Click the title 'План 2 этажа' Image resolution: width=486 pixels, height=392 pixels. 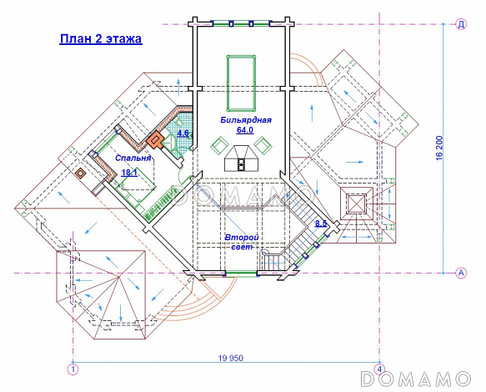pyautogui.click(x=101, y=39)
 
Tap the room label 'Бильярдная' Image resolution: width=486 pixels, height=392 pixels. pyautogui.click(x=246, y=120)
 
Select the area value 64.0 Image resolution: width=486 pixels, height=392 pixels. pyautogui.click(x=245, y=130)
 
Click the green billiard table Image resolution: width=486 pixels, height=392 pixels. pyautogui.click(x=242, y=83)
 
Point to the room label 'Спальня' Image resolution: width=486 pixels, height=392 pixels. pyautogui.click(x=133, y=158)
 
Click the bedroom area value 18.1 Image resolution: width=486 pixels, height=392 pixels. pyautogui.click(x=129, y=173)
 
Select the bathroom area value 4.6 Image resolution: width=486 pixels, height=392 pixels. pyautogui.click(x=183, y=133)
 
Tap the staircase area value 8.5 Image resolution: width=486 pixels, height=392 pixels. pyautogui.click(x=321, y=224)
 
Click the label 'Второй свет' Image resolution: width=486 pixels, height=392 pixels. pyautogui.click(x=242, y=242)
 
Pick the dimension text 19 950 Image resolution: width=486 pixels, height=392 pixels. pyautogui.click(x=231, y=358)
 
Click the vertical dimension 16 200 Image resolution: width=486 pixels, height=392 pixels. pyautogui.click(x=439, y=148)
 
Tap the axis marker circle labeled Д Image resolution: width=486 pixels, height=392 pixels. pyautogui.click(x=461, y=24)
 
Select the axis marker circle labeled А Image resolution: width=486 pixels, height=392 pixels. pyautogui.click(x=461, y=273)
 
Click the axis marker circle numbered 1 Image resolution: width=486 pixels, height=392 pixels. pyautogui.click(x=73, y=369)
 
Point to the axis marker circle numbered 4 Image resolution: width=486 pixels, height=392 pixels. pyautogui.click(x=379, y=369)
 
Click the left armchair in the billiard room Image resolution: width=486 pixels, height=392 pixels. pyautogui.click(x=220, y=145)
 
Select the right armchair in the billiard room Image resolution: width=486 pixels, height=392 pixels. pyautogui.click(x=263, y=145)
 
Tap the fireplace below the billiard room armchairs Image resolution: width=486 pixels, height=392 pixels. pyautogui.click(x=241, y=158)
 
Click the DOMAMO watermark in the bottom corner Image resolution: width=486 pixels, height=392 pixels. pyautogui.click(x=415, y=379)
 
